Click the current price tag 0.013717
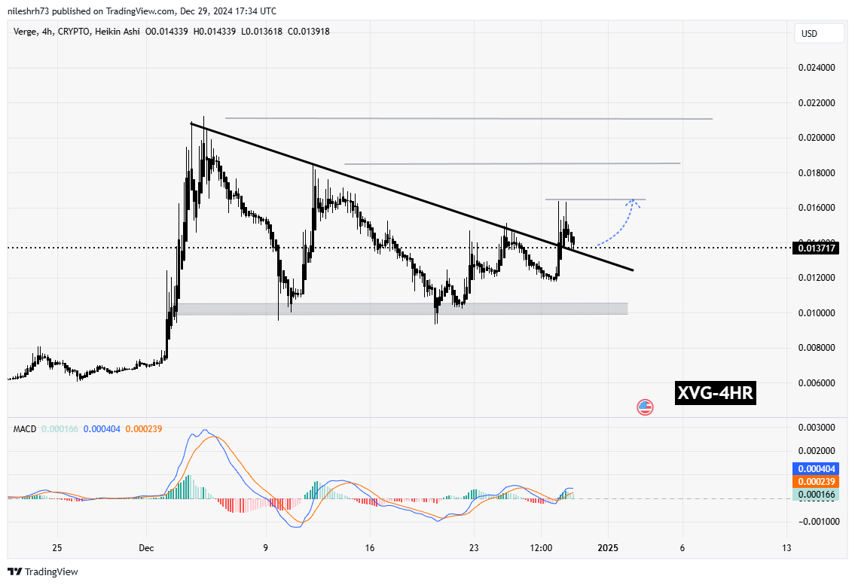[x=817, y=248]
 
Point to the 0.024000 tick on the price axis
[x=817, y=68]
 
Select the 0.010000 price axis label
[x=817, y=313]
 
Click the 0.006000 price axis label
[x=817, y=383]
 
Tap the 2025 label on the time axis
[x=607, y=548]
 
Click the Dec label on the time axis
[x=147, y=548]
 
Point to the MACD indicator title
[x=26, y=429]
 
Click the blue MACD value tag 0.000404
[x=817, y=468]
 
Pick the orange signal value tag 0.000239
[x=817, y=482]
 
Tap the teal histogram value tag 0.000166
[x=817, y=495]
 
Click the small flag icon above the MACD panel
[x=645, y=407]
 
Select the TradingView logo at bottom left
[x=44, y=571]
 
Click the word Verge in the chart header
[x=26, y=31]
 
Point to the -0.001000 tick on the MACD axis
[x=815, y=521]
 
